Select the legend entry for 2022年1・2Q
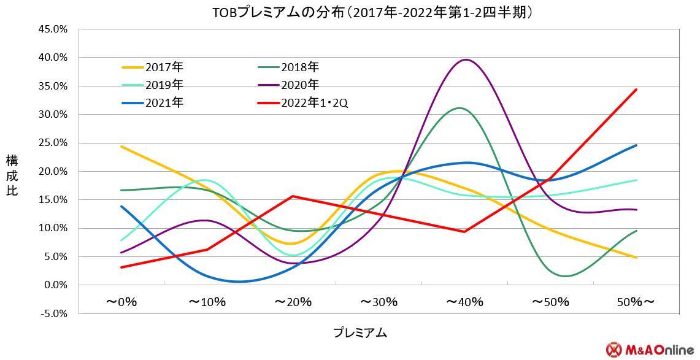click(315, 102)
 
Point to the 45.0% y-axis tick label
click(53, 29)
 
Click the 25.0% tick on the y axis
click(53, 143)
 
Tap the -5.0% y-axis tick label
click(53, 313)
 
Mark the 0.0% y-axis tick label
click(53, 285)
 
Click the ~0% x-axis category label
click(121, 302)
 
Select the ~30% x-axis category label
click(379, 302)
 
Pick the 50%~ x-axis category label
click(636, 302)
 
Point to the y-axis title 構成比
click(12, 175)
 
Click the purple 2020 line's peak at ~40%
click(466, 59)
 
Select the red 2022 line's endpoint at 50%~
click(636, 90)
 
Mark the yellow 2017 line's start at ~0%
click(121, 147)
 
